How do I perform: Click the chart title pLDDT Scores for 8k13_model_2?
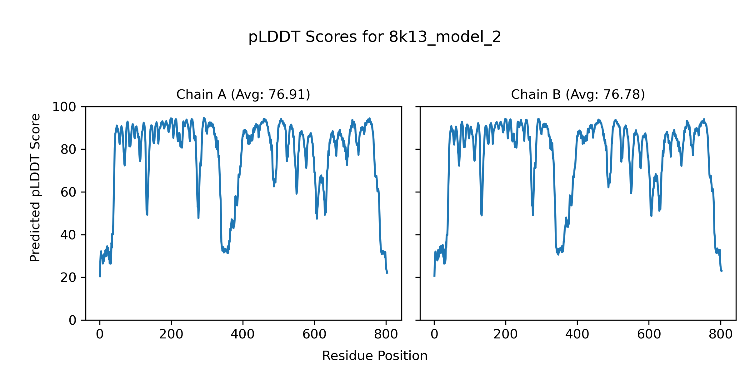(375, 37)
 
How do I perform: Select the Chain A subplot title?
(243, 94)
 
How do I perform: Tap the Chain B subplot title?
(578, 94)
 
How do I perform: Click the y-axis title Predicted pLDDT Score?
(35, 187)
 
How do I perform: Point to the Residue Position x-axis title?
(375, 356)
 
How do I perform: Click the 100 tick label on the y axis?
(64, 107)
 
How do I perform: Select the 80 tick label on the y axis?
(68, 150)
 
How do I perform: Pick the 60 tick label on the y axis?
(68, 192)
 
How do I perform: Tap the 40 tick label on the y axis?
(68, 235)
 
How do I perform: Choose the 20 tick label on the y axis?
(68, 277)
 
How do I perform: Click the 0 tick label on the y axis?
(72, 320)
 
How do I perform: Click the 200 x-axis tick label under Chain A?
(171, 335)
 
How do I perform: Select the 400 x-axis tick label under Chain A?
(243, 335)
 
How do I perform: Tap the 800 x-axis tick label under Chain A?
(386, 335)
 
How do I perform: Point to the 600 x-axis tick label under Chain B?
(649, 335)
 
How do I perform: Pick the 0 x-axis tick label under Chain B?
(434, 335)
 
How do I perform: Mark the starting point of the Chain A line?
(100, 277)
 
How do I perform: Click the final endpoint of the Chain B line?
(722, 271)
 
